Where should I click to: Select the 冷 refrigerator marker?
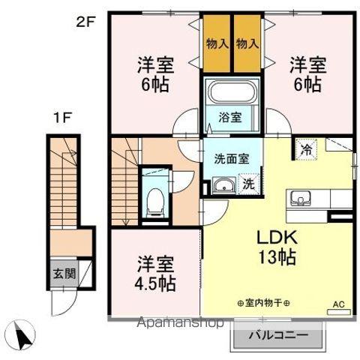coord(306,148)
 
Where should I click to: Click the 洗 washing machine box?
coord(246,183)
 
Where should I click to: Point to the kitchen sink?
coord(302,199)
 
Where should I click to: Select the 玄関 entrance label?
coord(64,273)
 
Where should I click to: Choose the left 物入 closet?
coord(217,44)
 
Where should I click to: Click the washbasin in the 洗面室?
coord(220,186)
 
